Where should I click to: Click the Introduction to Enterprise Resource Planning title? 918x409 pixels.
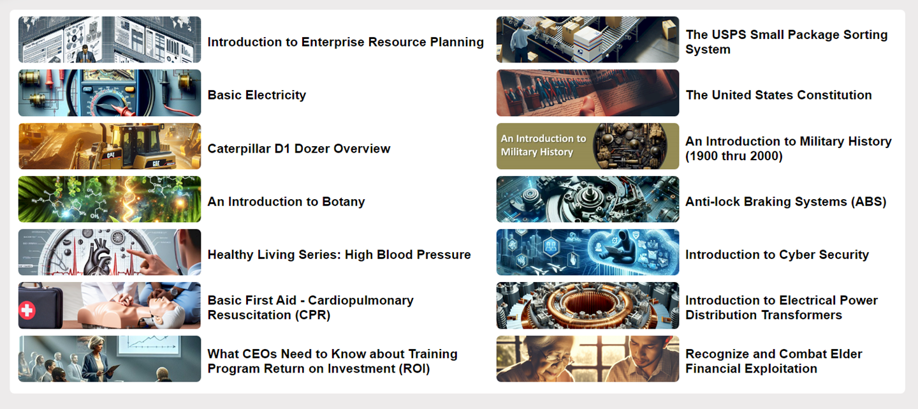tap(346, 42)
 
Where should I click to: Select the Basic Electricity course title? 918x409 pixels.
tap(257, 95)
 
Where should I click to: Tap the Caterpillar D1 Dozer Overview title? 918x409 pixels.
tap(299, 149)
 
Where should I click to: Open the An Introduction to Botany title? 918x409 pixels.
tap(286, 202)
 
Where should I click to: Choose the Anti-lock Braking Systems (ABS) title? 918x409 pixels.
tap(785, 202)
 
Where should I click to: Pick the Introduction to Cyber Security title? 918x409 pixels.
tap(777, 255)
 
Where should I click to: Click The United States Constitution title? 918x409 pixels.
tap(778, 95)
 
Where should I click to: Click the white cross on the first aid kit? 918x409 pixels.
tap(27, 310)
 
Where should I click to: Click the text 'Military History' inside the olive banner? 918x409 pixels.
tap(537, 152)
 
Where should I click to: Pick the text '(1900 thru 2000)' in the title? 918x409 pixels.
tap(734, 156)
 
